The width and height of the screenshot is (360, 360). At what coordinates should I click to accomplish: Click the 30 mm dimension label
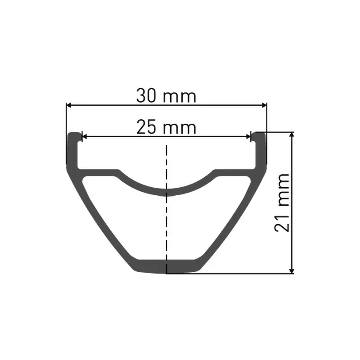[x=166, y=96]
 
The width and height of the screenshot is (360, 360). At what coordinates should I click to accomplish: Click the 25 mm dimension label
[x=166, y=128]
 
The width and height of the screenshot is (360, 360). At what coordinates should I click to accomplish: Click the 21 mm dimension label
[x=282, y=202]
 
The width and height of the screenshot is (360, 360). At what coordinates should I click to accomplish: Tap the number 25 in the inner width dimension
[x=146, y=128]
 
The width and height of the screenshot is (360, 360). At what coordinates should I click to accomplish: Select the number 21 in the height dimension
[x=282, y=222]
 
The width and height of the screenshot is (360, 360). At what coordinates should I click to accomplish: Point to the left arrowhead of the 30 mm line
[x=69, y=105]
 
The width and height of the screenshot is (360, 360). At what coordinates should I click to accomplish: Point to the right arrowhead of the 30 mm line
[x=264, y=105]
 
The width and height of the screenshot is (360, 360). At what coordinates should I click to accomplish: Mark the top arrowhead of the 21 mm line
[x=292, y=135]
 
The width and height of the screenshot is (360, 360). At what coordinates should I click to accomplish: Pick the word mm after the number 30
[x=180, y=96]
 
